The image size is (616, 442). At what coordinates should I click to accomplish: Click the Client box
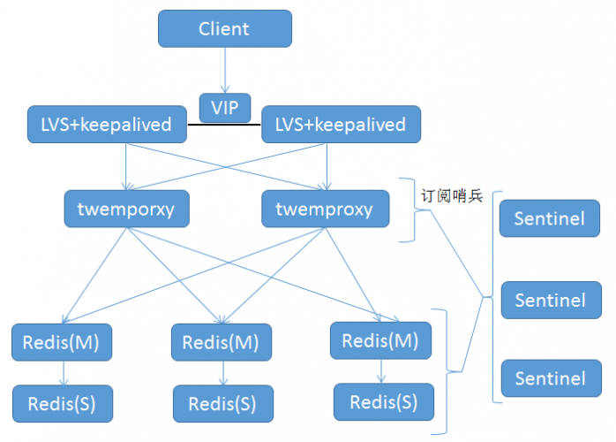pyautogui.click(x=224, y=28)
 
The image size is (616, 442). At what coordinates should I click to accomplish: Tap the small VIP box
pyautogui.click(x=224, y=108)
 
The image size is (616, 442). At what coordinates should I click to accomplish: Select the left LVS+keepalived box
pyautogui.click(x=106, y=125)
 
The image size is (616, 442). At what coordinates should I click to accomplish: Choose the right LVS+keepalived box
pyautogui.click(x=340, y=125)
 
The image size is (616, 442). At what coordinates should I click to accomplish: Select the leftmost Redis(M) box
pyautogui.click(x=62, y=342)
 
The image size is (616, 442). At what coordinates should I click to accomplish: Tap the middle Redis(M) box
pyautogui.click(x=222, y=342)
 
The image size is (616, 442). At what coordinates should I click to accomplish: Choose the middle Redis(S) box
pyautogui.click(x=222, y=404)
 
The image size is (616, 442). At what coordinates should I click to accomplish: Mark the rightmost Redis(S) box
pyautogui.click(x=384, y=402)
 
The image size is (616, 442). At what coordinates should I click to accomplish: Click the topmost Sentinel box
pyautogui.click(x=550, y=218)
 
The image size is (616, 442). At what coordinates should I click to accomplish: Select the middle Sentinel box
pyautogui.click(x=550, y=300)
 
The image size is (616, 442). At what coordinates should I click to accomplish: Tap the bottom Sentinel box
pyautogui.click(x=550, y=378)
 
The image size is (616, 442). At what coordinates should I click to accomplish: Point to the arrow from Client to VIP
pyautogui.click(x=224, y=71)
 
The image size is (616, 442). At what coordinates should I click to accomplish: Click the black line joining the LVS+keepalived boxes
pyautogui.click(x=224, y=125)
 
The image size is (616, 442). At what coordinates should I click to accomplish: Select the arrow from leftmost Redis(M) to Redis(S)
pyautogui.click(x=62, y=373)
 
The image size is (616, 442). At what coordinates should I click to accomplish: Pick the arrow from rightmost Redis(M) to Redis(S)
pyautogui.click(x=381, y=371)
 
